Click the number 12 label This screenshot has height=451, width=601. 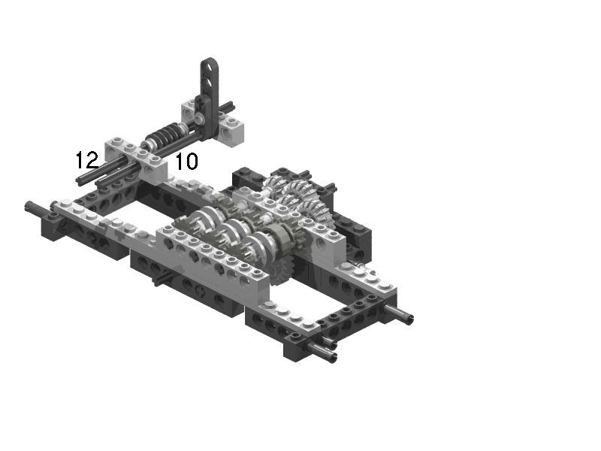pyautogui.click(x=87, y=160)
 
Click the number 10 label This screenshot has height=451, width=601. pyautogui.click(x=186, y=162)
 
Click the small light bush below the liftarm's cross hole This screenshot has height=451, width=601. pyautogui.click(x=198, y=119)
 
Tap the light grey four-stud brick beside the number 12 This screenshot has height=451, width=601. pyautogui.click(x=136, y=158)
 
